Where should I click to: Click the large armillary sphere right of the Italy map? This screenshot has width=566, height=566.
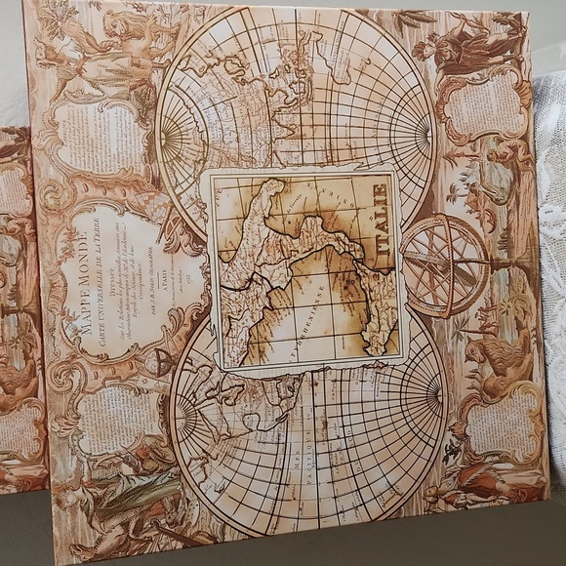pos(445,265)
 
